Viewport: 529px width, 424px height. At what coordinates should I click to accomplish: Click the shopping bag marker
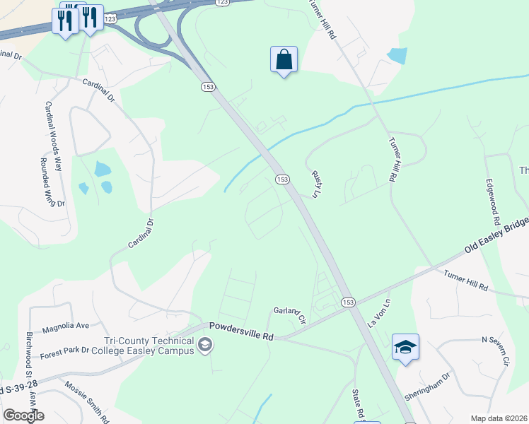[284, 60]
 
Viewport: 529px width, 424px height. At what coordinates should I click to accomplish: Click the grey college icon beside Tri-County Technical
[205, 345]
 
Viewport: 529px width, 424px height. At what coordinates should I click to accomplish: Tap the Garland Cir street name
[289, 314]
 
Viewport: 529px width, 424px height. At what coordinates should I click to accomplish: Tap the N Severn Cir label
[496, 351]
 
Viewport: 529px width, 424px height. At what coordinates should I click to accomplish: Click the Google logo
[23, 416]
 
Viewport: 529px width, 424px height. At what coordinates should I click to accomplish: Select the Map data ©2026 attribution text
[499, 418]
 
